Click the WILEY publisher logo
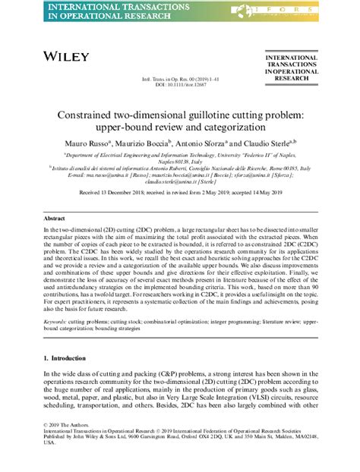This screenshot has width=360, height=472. tap(66, 57)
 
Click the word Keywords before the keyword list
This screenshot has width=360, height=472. tap(58, 322)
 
